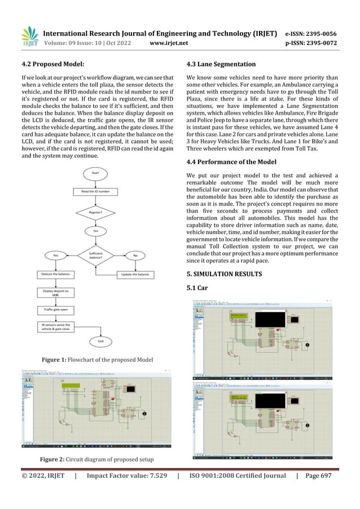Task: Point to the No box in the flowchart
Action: pos(135,255)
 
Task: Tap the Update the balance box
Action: pos(135,274)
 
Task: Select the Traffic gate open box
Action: pos(55,309)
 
